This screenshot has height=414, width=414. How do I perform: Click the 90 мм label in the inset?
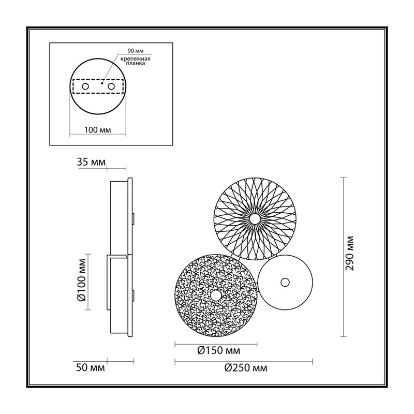point(136,51)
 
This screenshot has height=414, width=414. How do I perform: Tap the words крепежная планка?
point(136,61)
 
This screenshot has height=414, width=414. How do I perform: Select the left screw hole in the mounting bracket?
point(85,86)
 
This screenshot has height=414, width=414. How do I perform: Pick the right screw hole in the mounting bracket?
point(111,86)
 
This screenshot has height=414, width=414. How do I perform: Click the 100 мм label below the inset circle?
point(98,130)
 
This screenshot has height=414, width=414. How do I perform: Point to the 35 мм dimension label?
point(91,162)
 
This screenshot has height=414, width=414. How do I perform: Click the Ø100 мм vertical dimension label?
point(82,280)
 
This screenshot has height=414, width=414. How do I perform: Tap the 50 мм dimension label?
point(90,367)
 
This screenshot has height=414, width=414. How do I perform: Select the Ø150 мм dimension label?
point(219,351)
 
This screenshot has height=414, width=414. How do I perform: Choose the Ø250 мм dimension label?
point(246,368)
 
